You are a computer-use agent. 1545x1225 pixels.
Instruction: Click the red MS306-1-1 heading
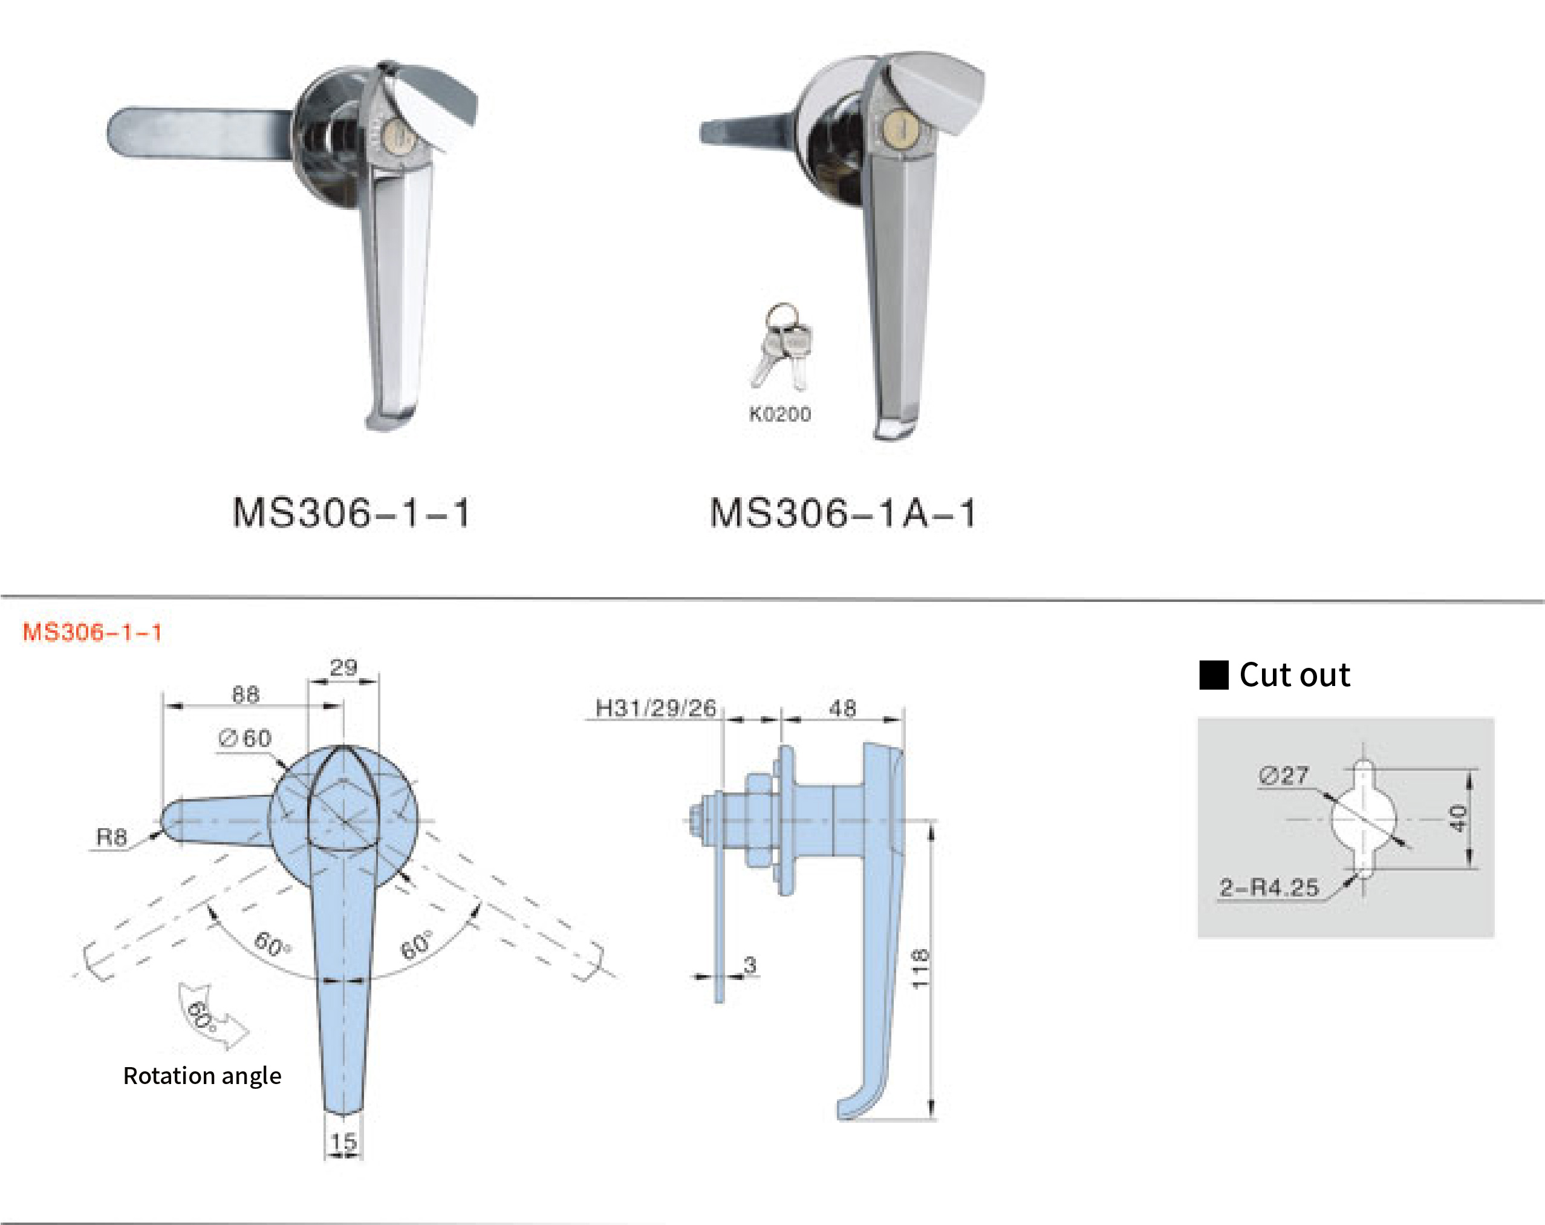93,632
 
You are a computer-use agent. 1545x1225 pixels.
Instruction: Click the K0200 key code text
779,414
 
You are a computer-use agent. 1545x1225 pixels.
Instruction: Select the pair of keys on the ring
782,348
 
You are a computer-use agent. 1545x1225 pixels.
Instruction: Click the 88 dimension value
245,694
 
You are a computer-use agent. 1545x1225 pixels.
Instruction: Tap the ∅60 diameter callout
246,738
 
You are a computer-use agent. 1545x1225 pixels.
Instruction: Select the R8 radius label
112,837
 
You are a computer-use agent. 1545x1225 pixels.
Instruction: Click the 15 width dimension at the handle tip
343,1141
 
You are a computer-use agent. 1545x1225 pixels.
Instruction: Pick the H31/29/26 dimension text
655,708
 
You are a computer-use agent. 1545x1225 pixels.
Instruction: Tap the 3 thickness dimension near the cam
750,965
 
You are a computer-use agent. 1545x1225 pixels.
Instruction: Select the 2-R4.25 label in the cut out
1269,887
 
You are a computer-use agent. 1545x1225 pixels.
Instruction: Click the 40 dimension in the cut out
1457,818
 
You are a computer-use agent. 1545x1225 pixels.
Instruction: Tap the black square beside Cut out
1214,675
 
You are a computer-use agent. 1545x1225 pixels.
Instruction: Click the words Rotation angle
202,1076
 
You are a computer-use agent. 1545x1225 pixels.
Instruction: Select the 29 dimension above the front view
343,668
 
